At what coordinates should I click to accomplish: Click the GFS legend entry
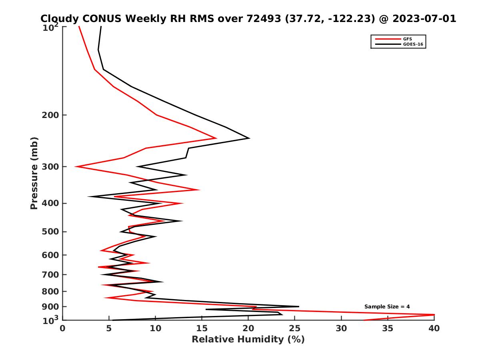[x=407, y=39]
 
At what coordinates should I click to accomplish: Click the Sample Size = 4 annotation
[x=387, y=307]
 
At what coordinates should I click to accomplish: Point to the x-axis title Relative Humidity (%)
[x=248, y=340]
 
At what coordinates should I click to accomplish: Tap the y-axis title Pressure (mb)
[x=34, y=173]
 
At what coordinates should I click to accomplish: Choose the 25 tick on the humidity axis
[x=295, y=328]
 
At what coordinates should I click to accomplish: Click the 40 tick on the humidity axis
[x=434, y=328]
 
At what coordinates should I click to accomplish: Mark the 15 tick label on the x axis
[x=202, y=328]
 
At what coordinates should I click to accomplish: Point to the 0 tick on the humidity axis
[x=63, y=328]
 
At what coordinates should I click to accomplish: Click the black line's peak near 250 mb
[x=250, y=138]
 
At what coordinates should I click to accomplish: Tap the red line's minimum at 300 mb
[x=75, y=166]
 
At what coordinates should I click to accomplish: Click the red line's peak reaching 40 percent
[x=434, y=315]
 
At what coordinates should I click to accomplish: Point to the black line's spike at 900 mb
[x=298, y=307]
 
